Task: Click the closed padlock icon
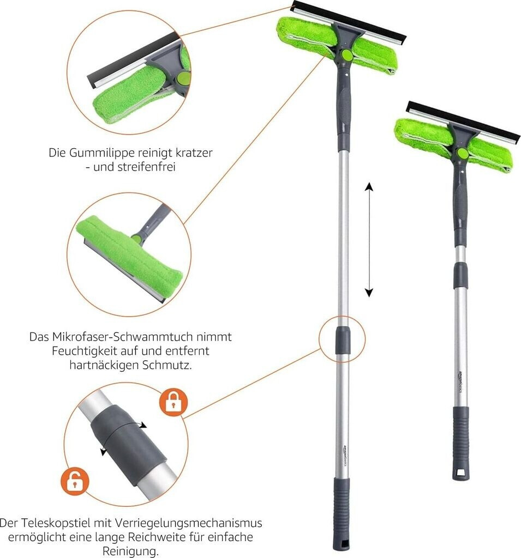point(173,403)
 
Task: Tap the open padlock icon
point(75,481)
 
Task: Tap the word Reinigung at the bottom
point(130,551)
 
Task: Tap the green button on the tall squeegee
point(346,54)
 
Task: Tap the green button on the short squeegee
point(463,153)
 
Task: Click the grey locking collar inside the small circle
point(342,339)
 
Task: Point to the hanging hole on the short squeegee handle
point(462,474)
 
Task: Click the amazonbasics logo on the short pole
point(460,382)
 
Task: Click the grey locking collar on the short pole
point(460,275)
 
